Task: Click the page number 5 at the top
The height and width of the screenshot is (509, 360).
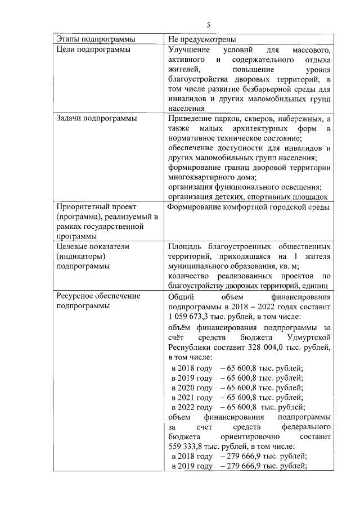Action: tap(208, 25)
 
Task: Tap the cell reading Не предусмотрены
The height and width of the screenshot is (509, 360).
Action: tap(201, 39)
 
